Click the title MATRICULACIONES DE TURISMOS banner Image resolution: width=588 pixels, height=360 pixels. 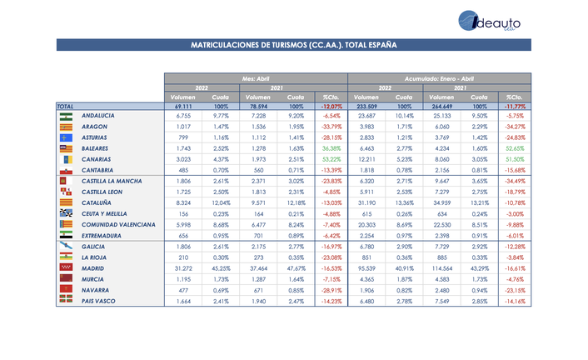coord(293,45)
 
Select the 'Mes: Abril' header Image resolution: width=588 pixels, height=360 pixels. coord(256,77)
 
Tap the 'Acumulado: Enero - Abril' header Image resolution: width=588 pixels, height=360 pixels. coord(439,77)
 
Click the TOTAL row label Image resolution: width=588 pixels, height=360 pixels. coord(66,107)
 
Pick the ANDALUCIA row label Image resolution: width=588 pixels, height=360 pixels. coord(98,115)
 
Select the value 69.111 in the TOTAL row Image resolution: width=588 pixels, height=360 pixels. coord(184,107)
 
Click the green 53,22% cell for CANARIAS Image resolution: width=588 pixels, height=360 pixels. coord(331,158)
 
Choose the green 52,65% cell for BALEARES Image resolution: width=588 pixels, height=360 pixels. coord(514,147)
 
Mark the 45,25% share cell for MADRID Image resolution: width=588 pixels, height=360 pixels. coord(221,268)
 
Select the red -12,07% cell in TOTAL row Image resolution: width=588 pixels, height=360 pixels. coord(331,107)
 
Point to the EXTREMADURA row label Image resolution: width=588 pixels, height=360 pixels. coord(104,235)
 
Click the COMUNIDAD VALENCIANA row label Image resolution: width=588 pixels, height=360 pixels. coord(118,224)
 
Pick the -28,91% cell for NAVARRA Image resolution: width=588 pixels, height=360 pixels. coord(331,290)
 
